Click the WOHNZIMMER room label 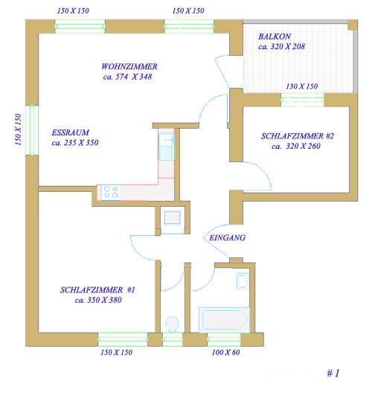[x=129, y=66]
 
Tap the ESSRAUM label [x=71, y=132]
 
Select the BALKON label [x=275, y=36]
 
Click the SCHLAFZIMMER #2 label [x=298, y=136]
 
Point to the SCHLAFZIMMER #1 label [x=97, y=290]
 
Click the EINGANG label [x=227, y=238]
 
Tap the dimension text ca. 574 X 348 [x=127, y=77]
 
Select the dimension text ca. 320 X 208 [x=281, y=47]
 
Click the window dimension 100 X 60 [x=225, y=353]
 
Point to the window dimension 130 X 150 [x=301, y=86]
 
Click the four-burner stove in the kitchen [x=111, y=192]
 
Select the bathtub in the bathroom [x=224, y=320]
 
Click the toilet [x=172, y=324]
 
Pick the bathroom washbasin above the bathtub [x=242, y=281]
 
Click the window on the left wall [x=32, y=130]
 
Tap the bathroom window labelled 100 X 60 [x=224, y=340]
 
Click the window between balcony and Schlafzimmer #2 [x=302, y=100]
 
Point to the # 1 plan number [x=333, y=373]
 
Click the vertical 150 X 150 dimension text [x=18, y=129]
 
